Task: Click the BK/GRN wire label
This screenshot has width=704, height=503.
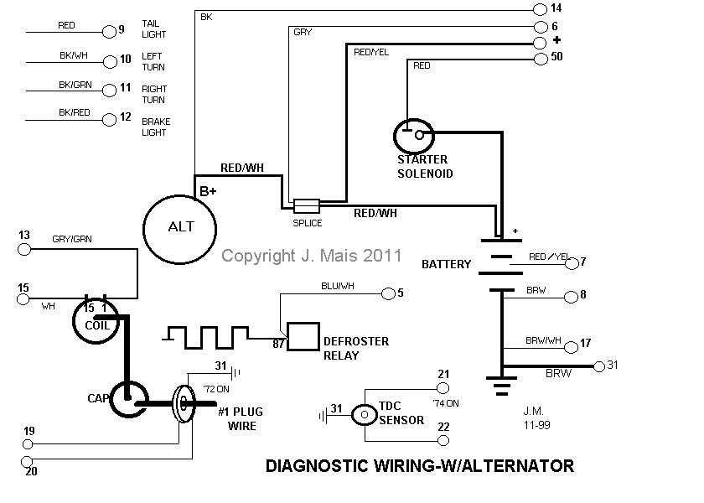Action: coord(75,85)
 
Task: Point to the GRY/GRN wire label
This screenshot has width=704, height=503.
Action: coord(72,239)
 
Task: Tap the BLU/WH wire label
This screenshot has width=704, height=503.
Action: coord(338,286)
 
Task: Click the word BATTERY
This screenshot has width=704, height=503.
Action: coord(446,264)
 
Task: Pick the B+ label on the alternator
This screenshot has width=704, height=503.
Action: coord(208,191)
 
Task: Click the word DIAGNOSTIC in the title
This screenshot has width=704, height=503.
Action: coord(318,466)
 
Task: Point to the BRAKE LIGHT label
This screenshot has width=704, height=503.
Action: coord(156,127)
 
